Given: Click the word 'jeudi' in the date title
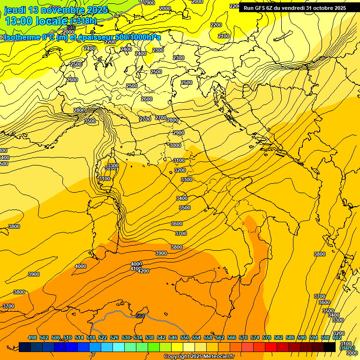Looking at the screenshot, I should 15,10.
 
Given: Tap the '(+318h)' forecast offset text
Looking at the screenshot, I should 83,21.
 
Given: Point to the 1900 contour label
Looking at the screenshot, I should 149,3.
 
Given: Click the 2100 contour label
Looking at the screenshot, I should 224,36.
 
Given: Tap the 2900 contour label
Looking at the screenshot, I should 178,133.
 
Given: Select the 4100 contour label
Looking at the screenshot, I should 135,269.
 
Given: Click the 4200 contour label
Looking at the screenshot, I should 143,271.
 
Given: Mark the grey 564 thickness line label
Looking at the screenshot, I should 140,316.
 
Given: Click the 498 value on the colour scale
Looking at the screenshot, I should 32,337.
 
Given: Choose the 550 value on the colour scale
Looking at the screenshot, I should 185,337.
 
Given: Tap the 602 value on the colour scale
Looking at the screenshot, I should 337,337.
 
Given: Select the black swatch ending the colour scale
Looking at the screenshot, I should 329,347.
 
